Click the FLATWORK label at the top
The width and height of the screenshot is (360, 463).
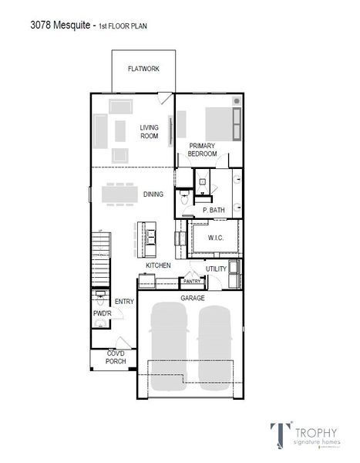click(x=143, y=69)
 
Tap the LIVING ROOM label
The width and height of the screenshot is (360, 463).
click(x=149, y=132)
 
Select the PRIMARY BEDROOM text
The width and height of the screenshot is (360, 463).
click(x=202, y=150)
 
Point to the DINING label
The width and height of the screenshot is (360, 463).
click(x=153, y=194)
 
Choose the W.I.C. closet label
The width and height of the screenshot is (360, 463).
click(x=215, y=238)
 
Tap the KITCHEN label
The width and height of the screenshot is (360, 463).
click(x=158, y=265)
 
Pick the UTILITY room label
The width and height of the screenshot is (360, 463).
click(x=216, y=269)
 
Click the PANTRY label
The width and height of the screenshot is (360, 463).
click(x=191, y=282)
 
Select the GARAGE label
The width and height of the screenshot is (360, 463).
click(x=192, y=297)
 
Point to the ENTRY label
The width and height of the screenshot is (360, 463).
click(x=124, y=302)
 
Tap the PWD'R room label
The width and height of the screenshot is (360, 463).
click(x=102, y=314)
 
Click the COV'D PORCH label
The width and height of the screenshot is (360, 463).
click(x=116, y=357)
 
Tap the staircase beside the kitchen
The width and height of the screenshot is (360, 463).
click(x=99, y=259)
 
